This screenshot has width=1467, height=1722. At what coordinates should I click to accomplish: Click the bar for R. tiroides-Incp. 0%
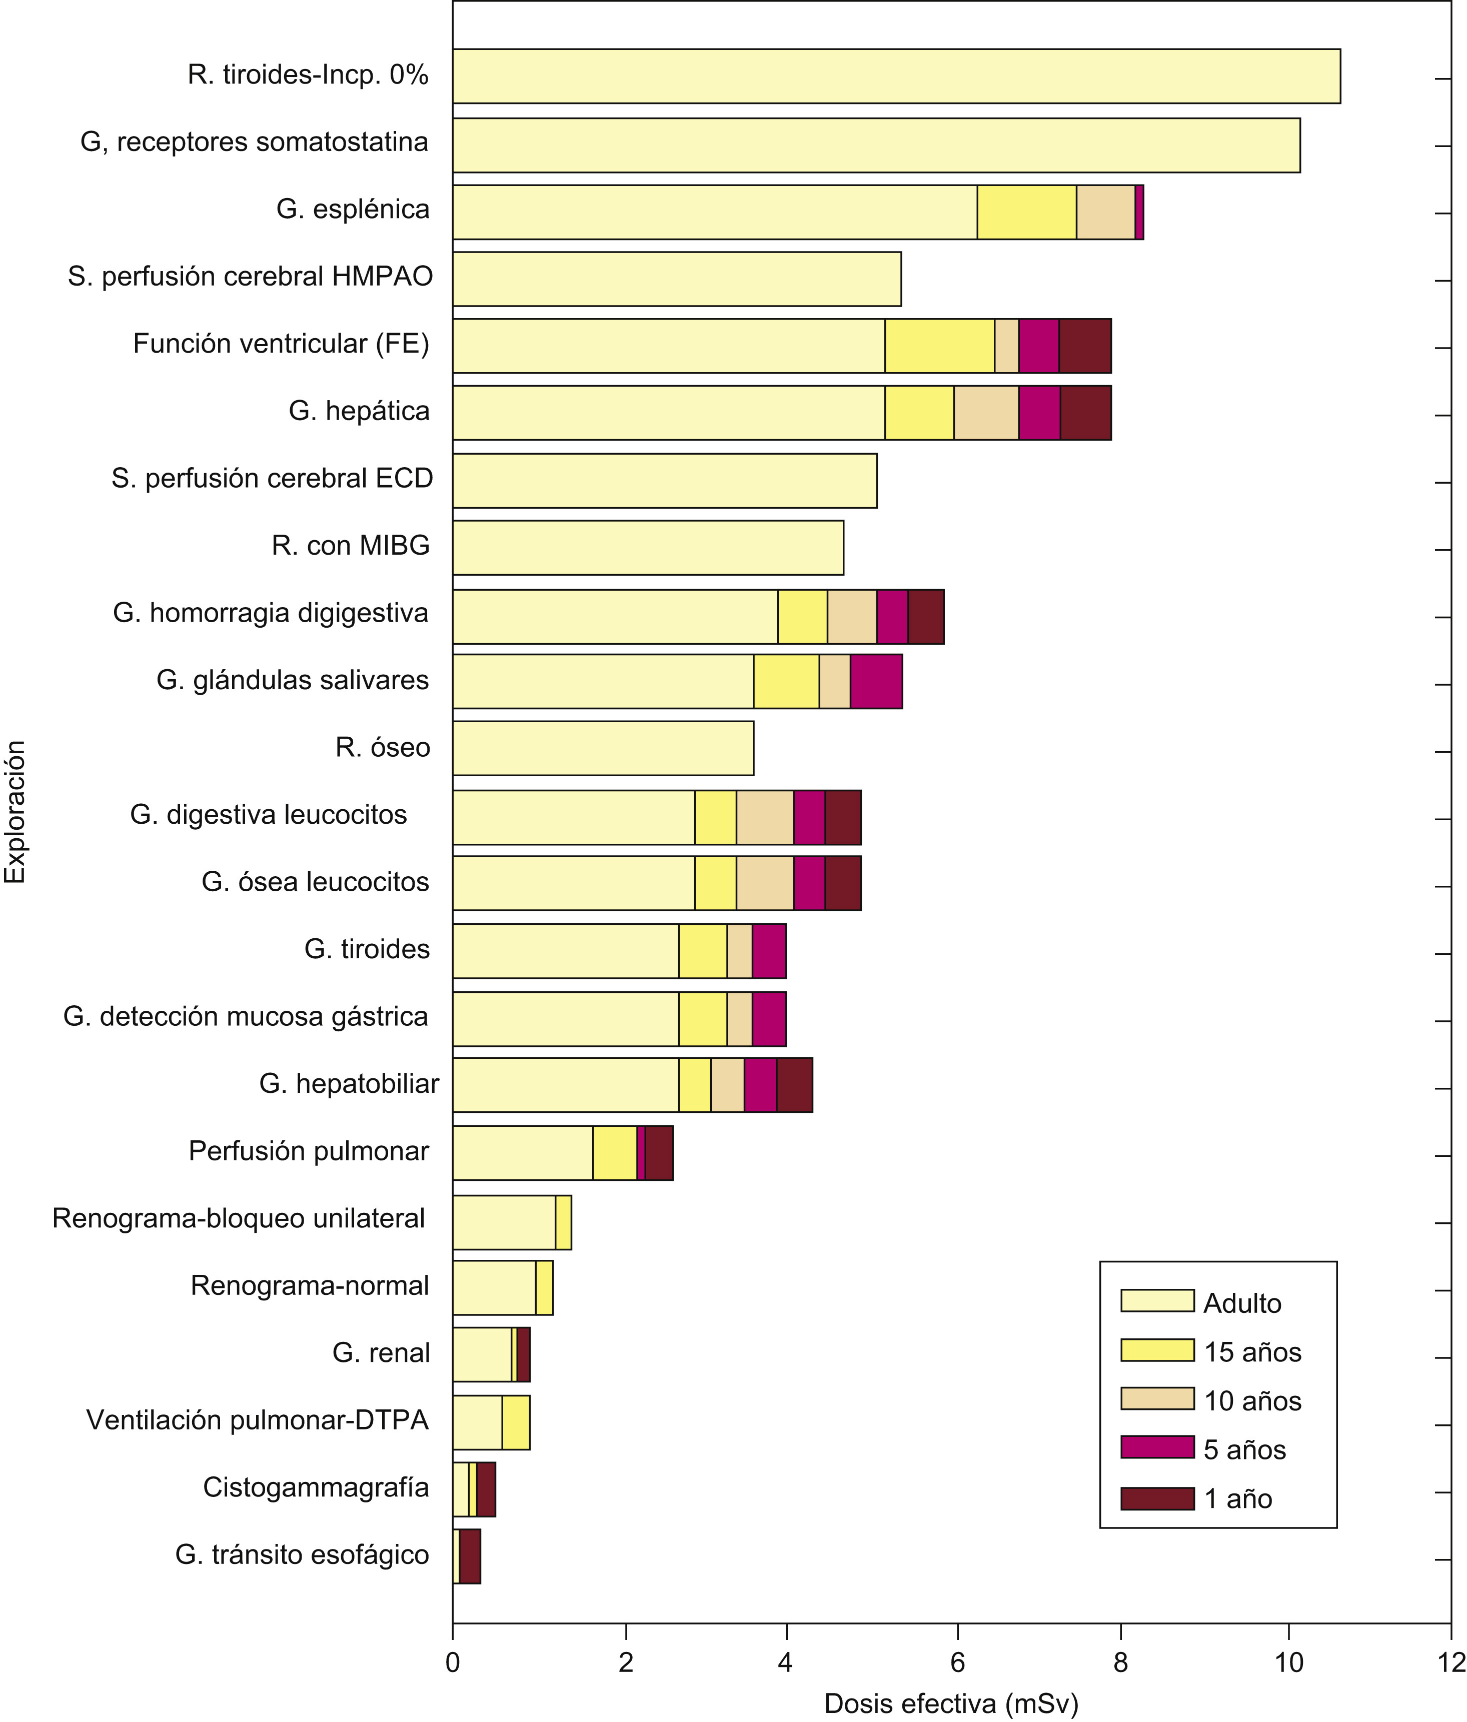(896, 77)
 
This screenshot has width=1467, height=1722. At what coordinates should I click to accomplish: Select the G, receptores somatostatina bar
(876, 146)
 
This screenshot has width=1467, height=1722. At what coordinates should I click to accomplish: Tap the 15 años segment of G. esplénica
(1026, 213)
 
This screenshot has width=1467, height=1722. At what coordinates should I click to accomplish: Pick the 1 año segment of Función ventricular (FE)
(1085, 346)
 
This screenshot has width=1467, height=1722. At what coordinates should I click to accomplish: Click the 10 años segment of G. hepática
(986, 413)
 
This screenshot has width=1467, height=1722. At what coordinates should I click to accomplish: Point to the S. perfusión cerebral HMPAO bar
(677, 279)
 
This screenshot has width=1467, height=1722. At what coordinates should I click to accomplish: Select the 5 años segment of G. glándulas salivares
(876, 682)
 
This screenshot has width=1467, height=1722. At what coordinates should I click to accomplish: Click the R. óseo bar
(603, 749)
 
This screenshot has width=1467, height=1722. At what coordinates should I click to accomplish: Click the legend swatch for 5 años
(1157, 1447)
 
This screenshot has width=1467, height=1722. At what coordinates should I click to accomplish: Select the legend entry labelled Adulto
(1242, 1303)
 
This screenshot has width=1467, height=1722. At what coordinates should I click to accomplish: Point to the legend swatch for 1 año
(1157, 1498)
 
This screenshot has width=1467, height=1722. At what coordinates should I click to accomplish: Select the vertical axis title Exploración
(15, 811)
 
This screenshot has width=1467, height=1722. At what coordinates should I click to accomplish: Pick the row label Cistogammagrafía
(316, 1487)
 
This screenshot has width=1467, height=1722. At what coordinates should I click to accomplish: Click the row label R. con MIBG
(351, 546)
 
